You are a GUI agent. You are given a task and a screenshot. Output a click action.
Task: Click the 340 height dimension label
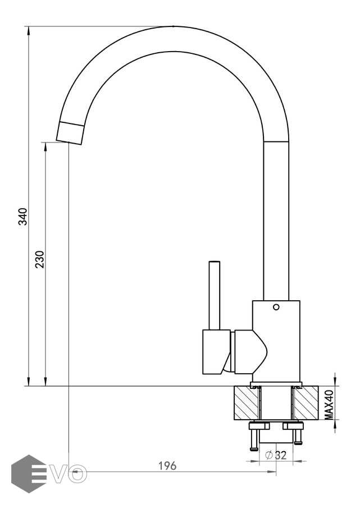pyautogui.click(x=23, y=217)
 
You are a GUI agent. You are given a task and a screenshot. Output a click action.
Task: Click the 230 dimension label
pyautogui.click(x=40, y=259)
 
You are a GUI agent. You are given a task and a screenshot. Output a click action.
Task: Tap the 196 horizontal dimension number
pyautogui.click(x=167, y=466)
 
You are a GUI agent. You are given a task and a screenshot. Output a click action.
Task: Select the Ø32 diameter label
pyautogui.click(x=276, y=455)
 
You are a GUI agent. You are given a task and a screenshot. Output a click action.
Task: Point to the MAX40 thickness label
pyautogui.click(x=329, y=405)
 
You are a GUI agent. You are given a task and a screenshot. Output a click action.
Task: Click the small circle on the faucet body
pyautogui.click(x=276, y=307)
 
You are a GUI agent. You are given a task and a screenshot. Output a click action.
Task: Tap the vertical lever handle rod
pyautogui.click(x=215, y=295)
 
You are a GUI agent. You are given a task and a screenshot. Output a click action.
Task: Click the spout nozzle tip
pyautogui.click(x=70, y=132)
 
